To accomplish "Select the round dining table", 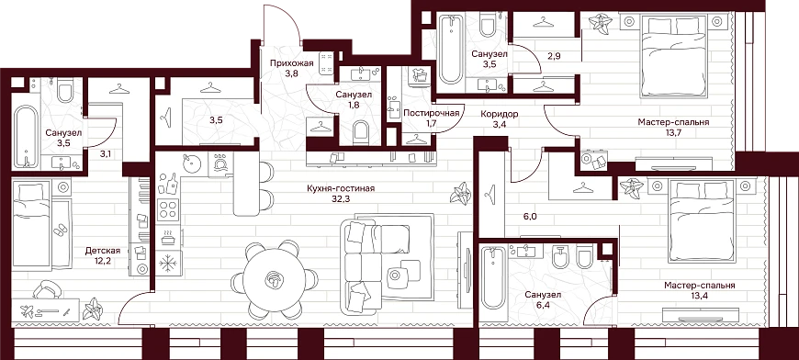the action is click(x=275, y=279).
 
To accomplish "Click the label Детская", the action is click(x=103, y=251).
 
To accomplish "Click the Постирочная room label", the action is click(x=431, y=114).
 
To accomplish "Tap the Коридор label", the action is click(x=500, y=114).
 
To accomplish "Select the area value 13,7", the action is click(x=673, y=132).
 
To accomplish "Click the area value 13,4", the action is click(x=699, y=296).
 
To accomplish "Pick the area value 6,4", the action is click(x=543, y=305).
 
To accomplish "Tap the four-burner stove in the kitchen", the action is click(x=169, y=209).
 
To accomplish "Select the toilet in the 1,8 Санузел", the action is click(x=362, y=132).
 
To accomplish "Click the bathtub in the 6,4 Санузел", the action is click(x=492, y=278).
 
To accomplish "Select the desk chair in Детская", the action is click(x=48, y=291).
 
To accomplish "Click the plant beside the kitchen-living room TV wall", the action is click(x=461, y=193).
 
